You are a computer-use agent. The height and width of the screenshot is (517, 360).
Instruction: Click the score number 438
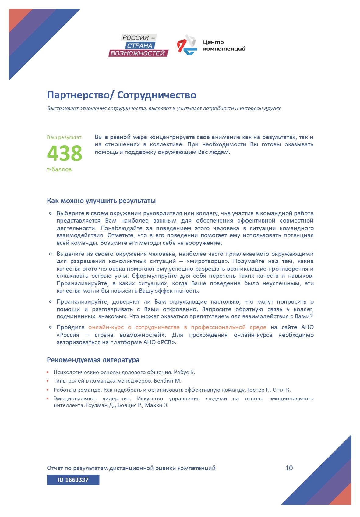65,153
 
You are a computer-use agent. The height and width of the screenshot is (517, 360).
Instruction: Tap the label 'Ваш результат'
64,137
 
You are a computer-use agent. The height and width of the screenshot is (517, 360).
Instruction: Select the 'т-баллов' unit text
59,169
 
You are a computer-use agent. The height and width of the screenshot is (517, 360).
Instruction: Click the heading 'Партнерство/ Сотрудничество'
122,95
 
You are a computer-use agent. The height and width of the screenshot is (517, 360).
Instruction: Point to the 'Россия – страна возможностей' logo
138,45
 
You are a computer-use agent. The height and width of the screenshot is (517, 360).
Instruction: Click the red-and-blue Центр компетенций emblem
186,45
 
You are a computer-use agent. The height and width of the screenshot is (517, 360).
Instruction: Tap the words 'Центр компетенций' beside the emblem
224,45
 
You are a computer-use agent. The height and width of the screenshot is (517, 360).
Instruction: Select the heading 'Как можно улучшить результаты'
101,201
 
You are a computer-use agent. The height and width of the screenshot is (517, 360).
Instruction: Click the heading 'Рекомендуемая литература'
93,360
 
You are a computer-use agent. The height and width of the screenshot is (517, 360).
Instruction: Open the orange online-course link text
177,327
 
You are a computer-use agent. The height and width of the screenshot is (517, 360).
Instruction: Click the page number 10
289,468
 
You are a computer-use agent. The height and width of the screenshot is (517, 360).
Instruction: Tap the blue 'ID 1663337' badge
73,480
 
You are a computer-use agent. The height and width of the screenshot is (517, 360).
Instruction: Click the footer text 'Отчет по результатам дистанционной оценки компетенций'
131,468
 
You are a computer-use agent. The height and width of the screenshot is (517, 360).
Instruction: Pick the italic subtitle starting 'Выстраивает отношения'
164,109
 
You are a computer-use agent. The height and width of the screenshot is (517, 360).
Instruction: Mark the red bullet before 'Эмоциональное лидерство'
48,398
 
